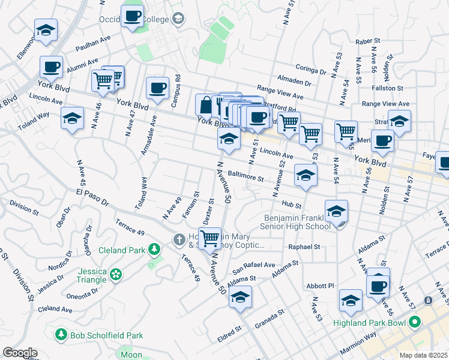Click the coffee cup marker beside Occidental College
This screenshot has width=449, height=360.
point(132,16)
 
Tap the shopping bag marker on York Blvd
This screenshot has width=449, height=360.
point(206,105)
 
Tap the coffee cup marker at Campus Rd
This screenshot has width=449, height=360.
point(157,88)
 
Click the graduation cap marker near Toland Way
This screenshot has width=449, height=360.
point(72,118)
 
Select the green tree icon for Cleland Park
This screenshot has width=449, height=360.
point(154,249)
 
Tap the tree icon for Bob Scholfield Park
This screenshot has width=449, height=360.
point(60,334)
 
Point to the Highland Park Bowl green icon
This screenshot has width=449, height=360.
point(414,323)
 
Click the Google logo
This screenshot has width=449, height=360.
point(20,353)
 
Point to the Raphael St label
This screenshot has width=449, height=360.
point(304,246)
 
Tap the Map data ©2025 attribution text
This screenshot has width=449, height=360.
point(423,355)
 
